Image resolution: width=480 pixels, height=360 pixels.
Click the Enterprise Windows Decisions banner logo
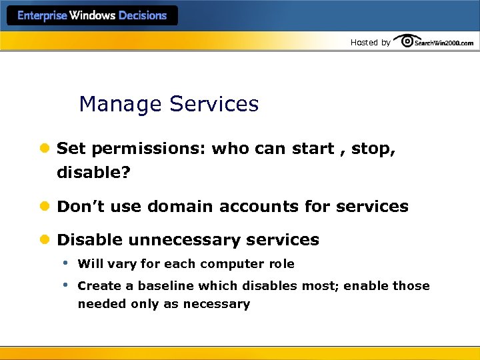tap(92, 16)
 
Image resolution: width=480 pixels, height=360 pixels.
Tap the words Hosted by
tap(370, 43)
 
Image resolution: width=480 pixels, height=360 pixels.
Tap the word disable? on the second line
tap(94, 173)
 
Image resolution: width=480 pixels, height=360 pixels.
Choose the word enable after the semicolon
tap(367, 286)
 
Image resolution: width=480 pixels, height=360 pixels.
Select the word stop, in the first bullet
tap(373, 149)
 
